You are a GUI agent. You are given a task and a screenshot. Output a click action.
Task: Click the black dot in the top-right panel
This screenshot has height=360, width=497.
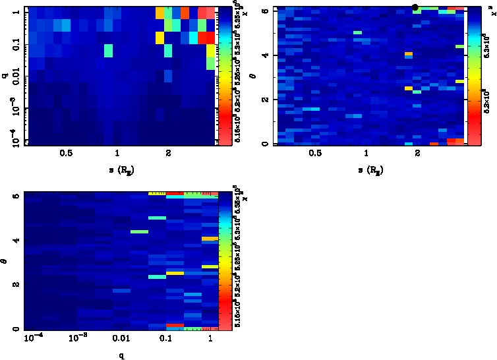click(x=415, y=7)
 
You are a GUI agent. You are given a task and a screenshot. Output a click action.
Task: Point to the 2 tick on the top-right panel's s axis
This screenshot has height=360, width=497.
click(x=417, y=152)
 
